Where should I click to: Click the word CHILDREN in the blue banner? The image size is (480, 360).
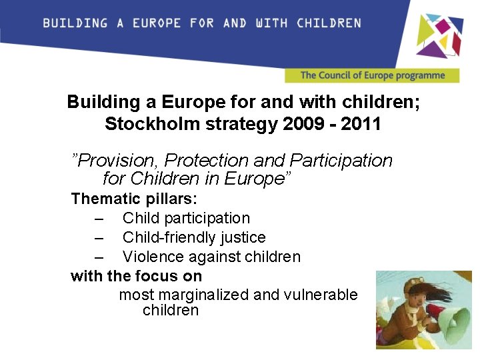tap(329, 23)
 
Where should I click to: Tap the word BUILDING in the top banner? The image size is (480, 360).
tap(75, 23)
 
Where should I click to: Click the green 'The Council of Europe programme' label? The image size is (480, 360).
tap(372, 75)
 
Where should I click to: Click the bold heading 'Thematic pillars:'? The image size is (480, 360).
tap(134, 199)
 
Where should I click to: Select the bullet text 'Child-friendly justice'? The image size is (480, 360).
tap(194, 237)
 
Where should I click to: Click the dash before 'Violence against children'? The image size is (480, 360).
tap(99, 257)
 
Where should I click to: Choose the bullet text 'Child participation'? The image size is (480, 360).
tap(186, 218)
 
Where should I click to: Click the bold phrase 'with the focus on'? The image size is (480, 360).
tap(136, 276)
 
